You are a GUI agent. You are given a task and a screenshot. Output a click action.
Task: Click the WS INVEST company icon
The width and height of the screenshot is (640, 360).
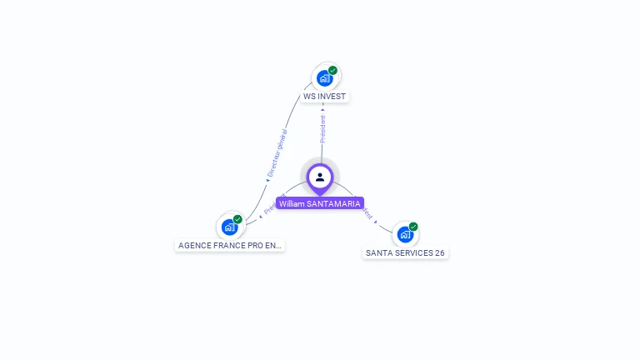click(324, 78)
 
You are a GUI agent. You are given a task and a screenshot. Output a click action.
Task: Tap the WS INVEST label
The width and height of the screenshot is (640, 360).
click(324, 97)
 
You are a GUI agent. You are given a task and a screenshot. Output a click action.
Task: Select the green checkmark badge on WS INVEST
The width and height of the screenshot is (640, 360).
click(332, 71)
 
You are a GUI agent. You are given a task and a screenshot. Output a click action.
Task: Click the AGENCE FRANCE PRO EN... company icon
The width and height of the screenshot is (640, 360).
click(229, 227)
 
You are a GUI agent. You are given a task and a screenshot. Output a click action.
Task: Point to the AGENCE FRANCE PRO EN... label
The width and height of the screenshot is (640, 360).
click(230, 246)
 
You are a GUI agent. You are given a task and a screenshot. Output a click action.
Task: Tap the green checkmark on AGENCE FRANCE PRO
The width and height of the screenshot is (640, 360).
click(237, 219)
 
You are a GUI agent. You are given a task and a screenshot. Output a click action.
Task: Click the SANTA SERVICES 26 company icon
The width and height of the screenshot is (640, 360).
click(405, 234)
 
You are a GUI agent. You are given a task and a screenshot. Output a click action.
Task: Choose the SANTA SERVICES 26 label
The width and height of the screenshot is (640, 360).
click(405, 252)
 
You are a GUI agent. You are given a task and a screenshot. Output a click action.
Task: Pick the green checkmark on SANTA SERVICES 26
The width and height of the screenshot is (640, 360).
click(413, 227)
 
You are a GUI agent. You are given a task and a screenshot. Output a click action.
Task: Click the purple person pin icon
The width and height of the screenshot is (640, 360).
click(320, 177)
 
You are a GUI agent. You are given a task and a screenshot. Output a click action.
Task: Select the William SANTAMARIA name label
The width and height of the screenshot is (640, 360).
click(320, 203)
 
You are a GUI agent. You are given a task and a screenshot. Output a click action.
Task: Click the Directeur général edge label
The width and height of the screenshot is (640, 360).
click(277, 153)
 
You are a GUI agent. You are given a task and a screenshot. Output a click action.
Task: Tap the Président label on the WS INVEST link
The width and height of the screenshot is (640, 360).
click(323, 128)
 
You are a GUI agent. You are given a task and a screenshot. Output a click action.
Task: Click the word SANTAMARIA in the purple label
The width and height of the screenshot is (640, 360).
click(333, 203)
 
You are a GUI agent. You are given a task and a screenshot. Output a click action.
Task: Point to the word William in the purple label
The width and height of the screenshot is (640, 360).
click(292, 203)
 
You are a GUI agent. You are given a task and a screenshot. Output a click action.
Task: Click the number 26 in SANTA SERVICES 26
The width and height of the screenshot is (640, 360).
click(439, 252)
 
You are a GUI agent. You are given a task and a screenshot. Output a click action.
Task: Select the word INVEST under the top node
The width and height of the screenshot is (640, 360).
click(332, 97)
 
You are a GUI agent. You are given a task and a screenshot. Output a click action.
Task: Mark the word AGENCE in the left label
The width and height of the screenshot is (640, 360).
click(194, 246)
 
